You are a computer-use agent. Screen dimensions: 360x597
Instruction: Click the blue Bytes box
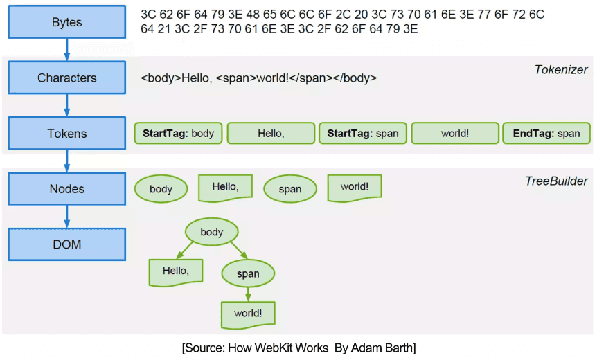coord(66,22)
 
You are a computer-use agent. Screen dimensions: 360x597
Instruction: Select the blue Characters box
coord(66,78)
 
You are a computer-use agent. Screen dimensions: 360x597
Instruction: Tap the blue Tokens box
coord(66,133)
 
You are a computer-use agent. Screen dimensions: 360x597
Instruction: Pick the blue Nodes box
coord(66,188)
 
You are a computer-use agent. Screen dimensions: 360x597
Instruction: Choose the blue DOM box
coord(66,244)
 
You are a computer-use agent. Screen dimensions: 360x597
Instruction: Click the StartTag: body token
coord(179,133)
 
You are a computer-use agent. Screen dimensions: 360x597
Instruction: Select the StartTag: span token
coord(363,133)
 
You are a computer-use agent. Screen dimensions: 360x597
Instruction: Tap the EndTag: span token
coord(546,133)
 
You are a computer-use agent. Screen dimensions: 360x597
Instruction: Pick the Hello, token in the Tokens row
coord(271,133)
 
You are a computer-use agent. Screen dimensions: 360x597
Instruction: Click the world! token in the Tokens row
coord(455,133)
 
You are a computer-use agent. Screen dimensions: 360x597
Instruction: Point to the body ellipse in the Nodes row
coord(161,189)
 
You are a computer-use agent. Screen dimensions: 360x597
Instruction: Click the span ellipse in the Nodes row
coord(290,189)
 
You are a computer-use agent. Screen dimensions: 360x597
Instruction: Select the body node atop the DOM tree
coord(211,232)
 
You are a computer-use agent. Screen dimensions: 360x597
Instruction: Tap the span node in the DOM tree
coord(248,273)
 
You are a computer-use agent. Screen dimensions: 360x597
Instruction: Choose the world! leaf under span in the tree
coord(248,314)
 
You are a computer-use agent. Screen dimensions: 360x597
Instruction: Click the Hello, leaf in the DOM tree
coord(176,271)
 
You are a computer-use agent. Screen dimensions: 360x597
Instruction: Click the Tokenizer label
coord(561,69)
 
